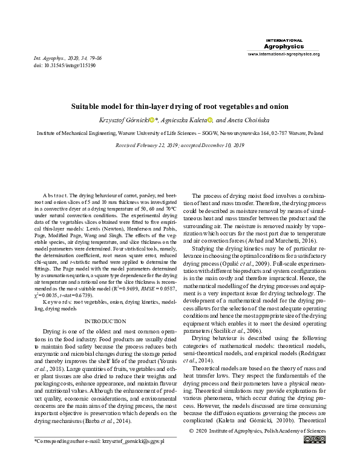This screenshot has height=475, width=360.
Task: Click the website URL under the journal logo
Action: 283,54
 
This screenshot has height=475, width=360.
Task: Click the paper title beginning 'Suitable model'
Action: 180,106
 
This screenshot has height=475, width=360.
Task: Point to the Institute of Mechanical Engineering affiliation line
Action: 180,132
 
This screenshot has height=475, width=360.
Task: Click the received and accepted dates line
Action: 180,145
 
